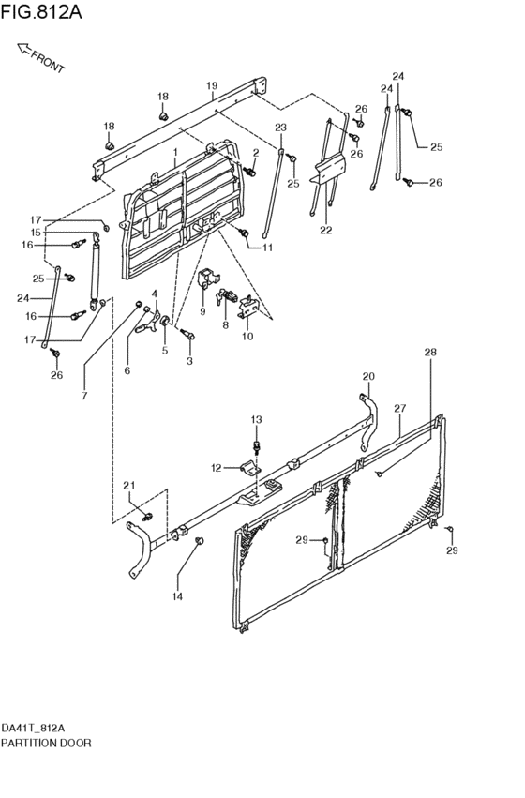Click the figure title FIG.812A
point(41,12)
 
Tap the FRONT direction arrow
point(23,49)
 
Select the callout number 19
point(212,85)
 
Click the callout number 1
point(175,152)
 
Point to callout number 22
point(326,230)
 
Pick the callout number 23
point(281,128)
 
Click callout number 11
point(267,248)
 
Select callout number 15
point(35,232)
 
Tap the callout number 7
point(84,396)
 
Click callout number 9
point(202,311)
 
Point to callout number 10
point(247,337)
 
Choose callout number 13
point(256,419)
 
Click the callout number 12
point(217,468)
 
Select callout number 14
point(177,596)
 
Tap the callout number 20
point(368,376)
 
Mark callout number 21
point(129,485)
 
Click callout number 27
point(400,408)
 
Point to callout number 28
point(430,352)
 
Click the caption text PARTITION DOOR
point(46,743)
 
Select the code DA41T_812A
point(33,728)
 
